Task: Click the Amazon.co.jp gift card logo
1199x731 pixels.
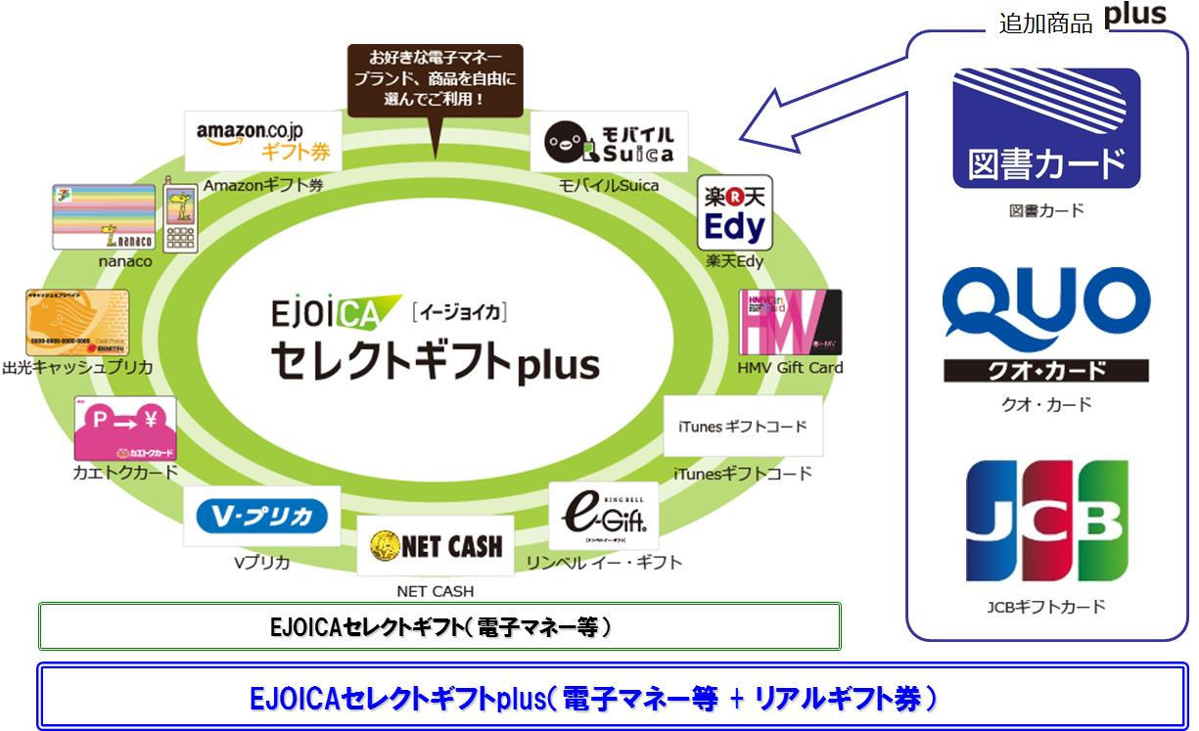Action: click(x=263, y=141)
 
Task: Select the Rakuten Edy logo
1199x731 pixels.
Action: click(x=734, y=214)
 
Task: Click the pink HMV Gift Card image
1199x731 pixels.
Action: click(x=790, y=322)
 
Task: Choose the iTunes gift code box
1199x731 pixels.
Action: click(x=743, y=427)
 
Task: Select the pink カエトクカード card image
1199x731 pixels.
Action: click(x=125, y=429)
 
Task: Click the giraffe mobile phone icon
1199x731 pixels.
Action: click(x=181, y=215)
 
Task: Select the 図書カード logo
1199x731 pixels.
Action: click(x=1046, y=128)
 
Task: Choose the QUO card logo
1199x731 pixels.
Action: click(x=1045, y=324)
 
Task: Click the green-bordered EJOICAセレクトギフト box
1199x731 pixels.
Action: click(x=439, y=626)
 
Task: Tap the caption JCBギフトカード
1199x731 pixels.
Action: click(x=1046, y=607)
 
